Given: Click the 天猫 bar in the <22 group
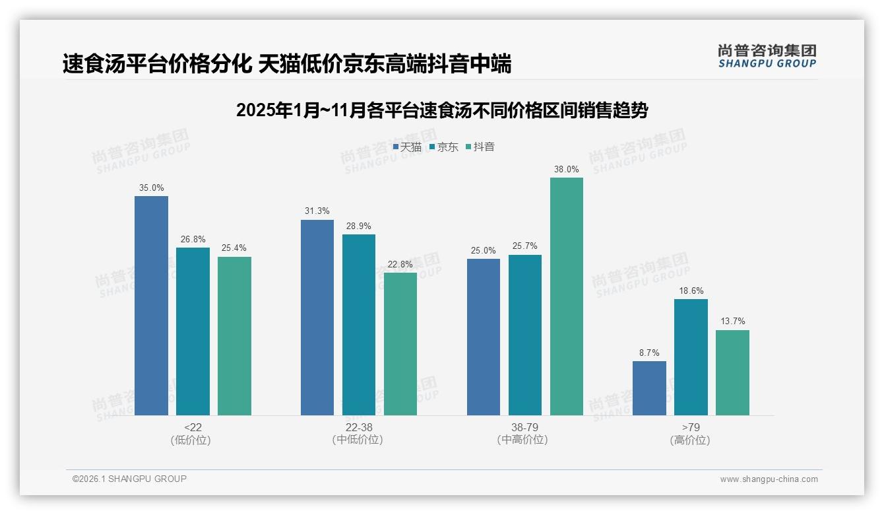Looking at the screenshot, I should (151, 306).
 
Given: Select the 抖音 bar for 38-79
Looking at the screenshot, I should (567, 296).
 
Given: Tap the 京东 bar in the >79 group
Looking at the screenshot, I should (691, 357).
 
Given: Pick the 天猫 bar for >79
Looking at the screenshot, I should (649, 388).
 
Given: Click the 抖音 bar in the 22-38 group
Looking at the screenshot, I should (400, 344).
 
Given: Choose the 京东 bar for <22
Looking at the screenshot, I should (193, 331).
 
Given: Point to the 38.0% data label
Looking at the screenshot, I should (567, 170).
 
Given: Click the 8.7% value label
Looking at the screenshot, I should (649, 353).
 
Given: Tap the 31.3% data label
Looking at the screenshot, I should (317, 211).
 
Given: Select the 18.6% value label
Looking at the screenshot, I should (691, 291).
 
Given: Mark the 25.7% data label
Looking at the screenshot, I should (525, 246).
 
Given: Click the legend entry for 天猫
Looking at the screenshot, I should (407, 147).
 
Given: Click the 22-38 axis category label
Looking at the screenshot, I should (358, 428).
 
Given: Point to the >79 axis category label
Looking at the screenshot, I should (691, 428).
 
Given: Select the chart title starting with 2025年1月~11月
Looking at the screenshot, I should (442, 110).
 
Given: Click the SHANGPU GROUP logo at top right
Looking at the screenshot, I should (767, 56).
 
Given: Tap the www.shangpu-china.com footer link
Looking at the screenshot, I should (769, 479).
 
